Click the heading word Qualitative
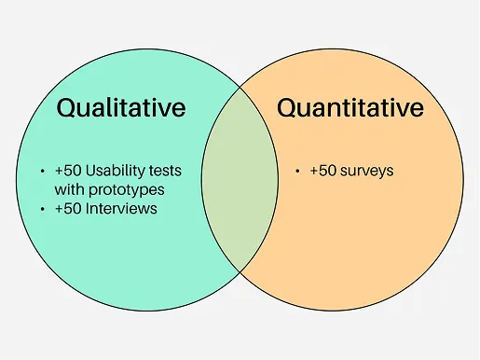tap(121, 108)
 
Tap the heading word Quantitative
tap(350, 108)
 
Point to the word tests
tap(165, 171)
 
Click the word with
tap(70, 189)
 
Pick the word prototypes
tap(127, 190)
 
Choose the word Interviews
tap(121, 208)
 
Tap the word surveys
tap(367, 172)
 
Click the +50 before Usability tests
tap(68, 171)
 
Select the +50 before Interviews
tap(68, 208)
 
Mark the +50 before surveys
tap(323, 171)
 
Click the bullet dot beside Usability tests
tap(43, 171)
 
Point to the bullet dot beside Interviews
tap(43, 209)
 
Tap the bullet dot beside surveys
tap(297, 171)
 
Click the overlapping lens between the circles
tap(240, 180)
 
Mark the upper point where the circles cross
tap(240, 88)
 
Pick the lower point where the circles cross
tap(240, 272)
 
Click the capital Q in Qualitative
tap(66, 108)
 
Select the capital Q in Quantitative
tap(286, 108)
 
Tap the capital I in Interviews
tap(88, 208)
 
